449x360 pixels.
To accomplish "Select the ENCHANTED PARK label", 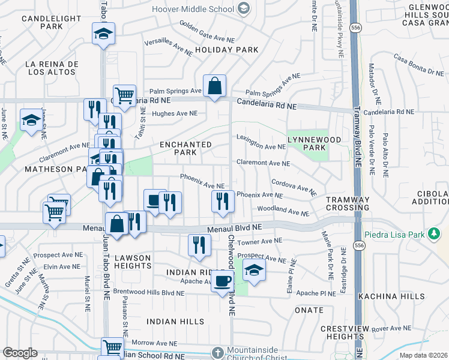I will coord(185,148).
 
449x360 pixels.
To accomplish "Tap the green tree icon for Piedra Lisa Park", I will coord(435,233).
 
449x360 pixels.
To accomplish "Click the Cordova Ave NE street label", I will coord(294,187).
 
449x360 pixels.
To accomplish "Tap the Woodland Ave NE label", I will coord(283,212).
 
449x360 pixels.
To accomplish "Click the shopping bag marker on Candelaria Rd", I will coord(214,86).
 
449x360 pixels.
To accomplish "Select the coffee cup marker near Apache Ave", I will coord(222,280).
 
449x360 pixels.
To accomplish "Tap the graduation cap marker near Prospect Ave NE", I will coord(255,271).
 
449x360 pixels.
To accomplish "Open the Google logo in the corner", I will coord(19,353).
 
